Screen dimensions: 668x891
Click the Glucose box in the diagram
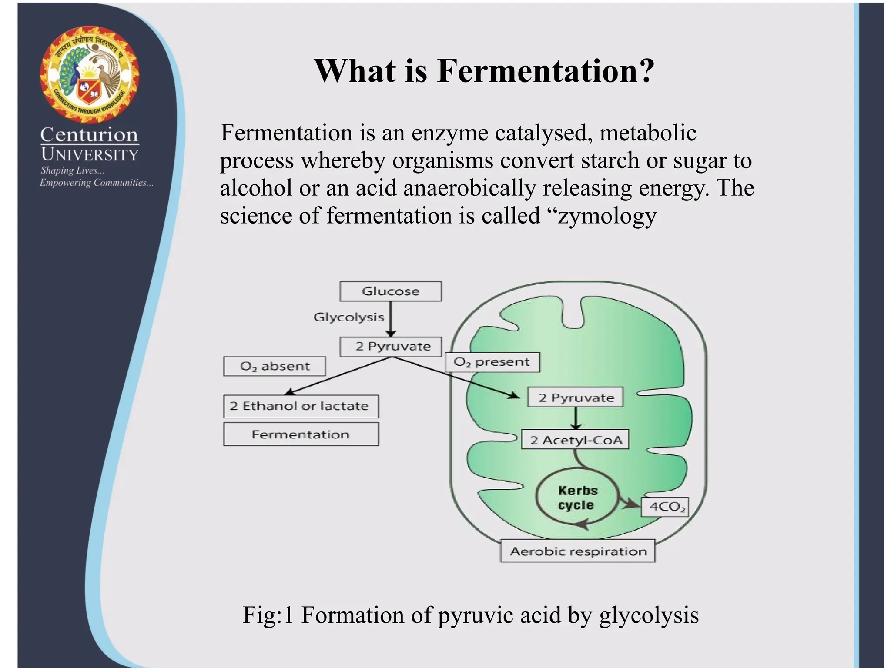pyautogui.click(x=390, y=291)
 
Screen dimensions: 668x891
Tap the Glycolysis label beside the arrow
pyautogui.click(x=348, y=317)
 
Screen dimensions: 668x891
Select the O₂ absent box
pyautogui.click(x=275, y=366)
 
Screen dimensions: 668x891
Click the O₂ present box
pyautogui.click(x=492, y=362)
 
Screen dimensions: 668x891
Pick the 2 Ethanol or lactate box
pyautogui.click(x=301, y=406)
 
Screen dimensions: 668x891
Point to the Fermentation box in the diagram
pyautogui.click(x=301, y=434)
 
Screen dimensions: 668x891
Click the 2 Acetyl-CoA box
pyautogui.click(x=576, y=440)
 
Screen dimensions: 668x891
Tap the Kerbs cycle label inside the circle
pyautogui.click(x=577, y=498)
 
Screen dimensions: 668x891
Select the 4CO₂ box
pyautogui.click(x=665, y=507)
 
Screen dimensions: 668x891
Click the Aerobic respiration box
pyautogui.click(x=578, y=551)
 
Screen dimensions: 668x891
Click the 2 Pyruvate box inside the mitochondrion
pyautogui.click(x=575, y=397)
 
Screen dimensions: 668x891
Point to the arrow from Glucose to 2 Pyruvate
pyautogui.click(x=391, y=320)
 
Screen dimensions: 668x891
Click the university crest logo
pyautogui.click(x=90, y=74)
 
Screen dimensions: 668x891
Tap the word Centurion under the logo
pyautogui.click(x=89, y=134)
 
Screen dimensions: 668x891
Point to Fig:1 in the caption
pyautogui.click(x=268, y=615)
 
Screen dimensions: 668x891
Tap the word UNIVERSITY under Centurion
pyautogui.click(x=90, y=154)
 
